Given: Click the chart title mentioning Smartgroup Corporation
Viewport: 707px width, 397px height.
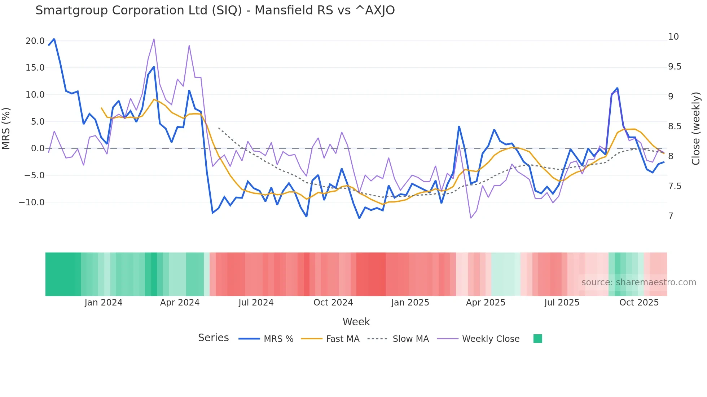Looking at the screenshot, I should [215, 10].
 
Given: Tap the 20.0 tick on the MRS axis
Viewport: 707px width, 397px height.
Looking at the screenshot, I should [35, 41].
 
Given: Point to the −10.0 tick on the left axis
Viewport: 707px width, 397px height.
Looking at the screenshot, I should [32, 202].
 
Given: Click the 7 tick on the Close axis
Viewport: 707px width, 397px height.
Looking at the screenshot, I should [671, 216].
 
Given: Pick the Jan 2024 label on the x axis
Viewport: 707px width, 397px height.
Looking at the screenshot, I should [104, 303].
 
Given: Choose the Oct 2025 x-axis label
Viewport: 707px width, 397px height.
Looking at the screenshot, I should [639, 303].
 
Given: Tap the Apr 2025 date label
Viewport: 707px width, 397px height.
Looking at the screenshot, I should [486, 303].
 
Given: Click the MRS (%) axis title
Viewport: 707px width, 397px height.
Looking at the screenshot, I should [6, 129].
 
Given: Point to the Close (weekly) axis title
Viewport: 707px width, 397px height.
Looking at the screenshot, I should [696, 129].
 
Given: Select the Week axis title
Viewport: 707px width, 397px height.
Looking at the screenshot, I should [356, 322].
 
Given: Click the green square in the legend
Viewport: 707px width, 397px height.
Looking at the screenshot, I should [537, 339].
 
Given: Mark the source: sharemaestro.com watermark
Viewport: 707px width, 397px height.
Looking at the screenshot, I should [638, 282].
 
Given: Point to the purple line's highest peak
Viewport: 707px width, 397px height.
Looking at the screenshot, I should [154, 39].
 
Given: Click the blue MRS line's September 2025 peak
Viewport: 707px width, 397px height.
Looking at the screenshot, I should [617, 88].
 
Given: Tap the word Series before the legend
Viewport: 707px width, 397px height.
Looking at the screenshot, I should [213, 338].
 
